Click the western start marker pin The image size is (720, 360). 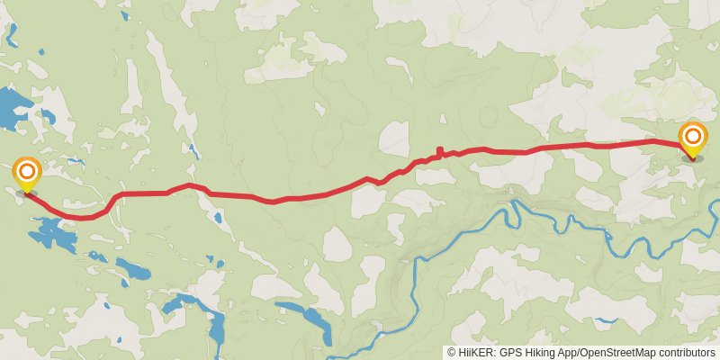pyautogui.click(x=27, y=174)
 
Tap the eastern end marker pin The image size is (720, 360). pyautogui.click(x=693, y=140)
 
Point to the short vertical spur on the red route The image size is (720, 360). pyautogui.click(x=438, y=151)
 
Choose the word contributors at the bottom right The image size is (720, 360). pyautogui.click(x=687, y=353)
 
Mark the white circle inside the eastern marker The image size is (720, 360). pyautogui.click(x=693, y=137)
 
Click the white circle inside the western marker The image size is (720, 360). pyautogui.click(x=27, y=170)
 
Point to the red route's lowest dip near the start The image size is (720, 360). pyautogui.click(x=85, y=217)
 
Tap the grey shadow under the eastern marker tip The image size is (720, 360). pyautogui.click(x=693, y=159)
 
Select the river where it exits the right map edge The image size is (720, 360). pyautogui.click(x=715, y=208)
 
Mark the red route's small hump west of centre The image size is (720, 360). pyautogui.click(x=189, y=185)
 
